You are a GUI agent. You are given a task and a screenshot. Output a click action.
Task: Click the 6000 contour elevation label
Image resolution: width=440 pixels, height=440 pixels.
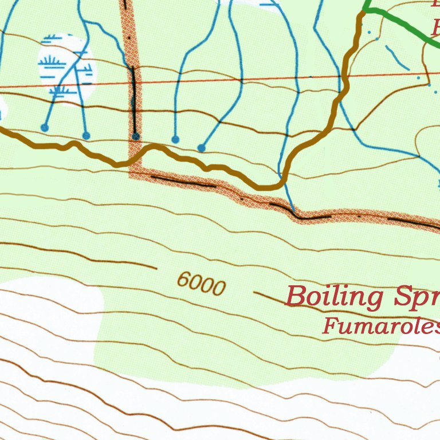(x=201, y=282)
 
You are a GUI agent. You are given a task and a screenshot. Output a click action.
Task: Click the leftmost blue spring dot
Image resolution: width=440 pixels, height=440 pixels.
(x=45, y=127)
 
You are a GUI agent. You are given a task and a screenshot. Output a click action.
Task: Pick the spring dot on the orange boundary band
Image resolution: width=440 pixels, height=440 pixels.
(x=136, y=136)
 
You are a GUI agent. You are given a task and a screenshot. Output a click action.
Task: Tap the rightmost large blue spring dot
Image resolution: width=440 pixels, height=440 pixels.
(x=202, y=148)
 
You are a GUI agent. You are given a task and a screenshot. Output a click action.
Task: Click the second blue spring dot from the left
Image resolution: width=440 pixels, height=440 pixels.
(x=86, y=136)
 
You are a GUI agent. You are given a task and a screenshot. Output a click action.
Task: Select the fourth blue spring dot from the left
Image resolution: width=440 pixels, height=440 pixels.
(x=175, y=139)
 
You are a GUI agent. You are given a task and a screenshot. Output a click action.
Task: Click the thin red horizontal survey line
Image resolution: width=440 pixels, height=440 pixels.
(x=229, y=80)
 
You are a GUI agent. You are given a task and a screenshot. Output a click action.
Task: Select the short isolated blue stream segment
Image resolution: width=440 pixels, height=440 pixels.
(x=396, y=57)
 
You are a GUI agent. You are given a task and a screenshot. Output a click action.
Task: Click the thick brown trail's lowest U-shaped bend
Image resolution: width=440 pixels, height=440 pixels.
(x=269, y=186)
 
